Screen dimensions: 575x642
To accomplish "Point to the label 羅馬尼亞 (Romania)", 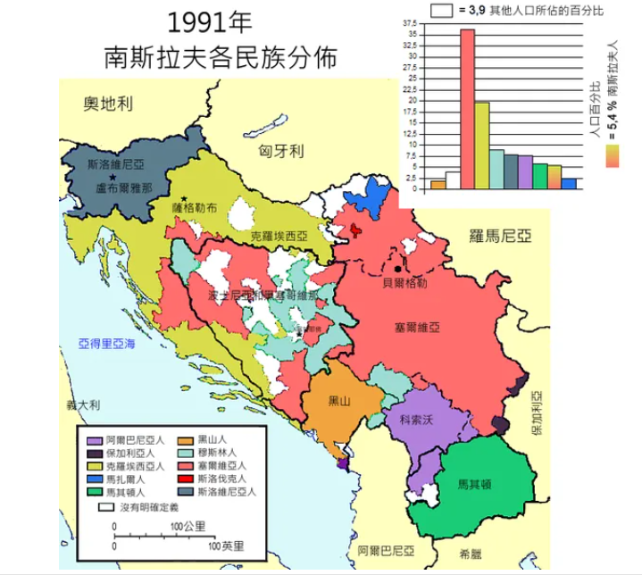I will [x=500, y=236].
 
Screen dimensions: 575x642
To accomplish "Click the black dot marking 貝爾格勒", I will [x=399, y=268].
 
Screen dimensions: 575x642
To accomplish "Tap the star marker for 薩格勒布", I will [x=184, y=198].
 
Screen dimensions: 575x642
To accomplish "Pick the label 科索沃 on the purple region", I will [x=417, y=419].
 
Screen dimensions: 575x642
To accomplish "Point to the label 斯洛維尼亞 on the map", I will [x=119, y=166].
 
